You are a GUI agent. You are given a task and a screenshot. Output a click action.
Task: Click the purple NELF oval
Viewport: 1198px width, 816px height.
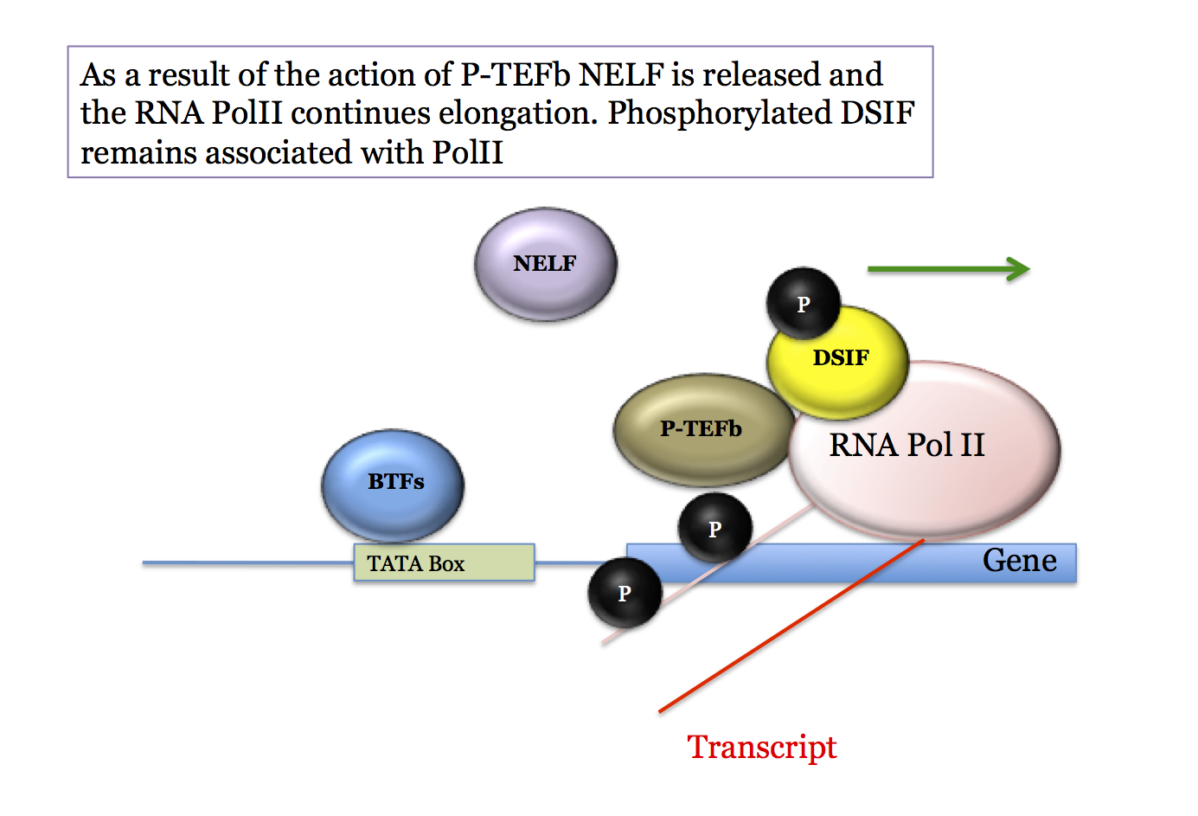[545, 264]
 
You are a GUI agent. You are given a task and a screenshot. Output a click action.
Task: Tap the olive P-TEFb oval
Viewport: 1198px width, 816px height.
[701, 429]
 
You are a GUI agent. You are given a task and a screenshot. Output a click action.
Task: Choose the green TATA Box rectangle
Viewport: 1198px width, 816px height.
[444, 563]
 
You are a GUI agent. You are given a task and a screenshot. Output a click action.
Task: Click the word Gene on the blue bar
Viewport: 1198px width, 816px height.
[1019, 561]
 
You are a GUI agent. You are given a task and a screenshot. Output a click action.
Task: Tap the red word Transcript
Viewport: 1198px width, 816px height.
[762, 747]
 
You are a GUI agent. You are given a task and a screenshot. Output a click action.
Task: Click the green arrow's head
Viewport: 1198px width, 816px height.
[1020, 269]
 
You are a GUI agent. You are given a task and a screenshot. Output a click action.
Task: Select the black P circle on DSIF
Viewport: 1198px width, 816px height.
[803, 304]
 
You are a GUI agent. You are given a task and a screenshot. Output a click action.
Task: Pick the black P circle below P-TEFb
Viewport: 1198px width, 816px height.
[714, 528]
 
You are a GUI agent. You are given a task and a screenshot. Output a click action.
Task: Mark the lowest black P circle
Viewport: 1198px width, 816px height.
[625, 594]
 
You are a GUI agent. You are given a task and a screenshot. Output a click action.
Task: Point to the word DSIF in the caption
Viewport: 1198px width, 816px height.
[877, 113]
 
